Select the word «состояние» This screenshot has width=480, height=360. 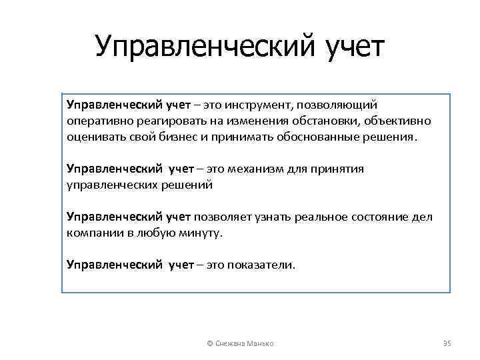tap(364, 217)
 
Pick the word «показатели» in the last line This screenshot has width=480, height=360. tap(260, 265)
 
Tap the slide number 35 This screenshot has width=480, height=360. tap(447, 343)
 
